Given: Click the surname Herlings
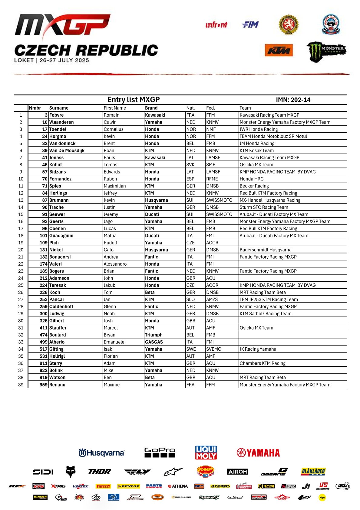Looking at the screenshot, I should (58, 193).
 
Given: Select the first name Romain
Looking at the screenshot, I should (111, 115).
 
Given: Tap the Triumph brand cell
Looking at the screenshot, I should (154, 335).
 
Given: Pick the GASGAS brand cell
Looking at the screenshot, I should (154, 342).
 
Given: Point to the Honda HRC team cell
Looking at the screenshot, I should (252, 179).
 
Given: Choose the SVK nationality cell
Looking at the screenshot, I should (190, 165).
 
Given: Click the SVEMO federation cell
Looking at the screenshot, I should (213, 349).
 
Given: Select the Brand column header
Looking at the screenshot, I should (151, 108).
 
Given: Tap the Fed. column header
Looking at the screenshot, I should (210, 108).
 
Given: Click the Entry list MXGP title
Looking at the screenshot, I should (134, 100).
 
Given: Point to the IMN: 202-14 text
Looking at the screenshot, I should (293, 100).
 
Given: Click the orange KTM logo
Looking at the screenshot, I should (279, 50).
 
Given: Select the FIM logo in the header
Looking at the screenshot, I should (250, 25).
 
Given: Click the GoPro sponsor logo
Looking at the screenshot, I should (160, 452).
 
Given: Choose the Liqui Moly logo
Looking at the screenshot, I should (206, 452).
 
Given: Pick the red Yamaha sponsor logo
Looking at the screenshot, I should (258, 453).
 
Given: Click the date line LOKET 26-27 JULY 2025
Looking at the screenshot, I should (51, 60).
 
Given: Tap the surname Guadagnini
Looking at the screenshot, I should (61, 236).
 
